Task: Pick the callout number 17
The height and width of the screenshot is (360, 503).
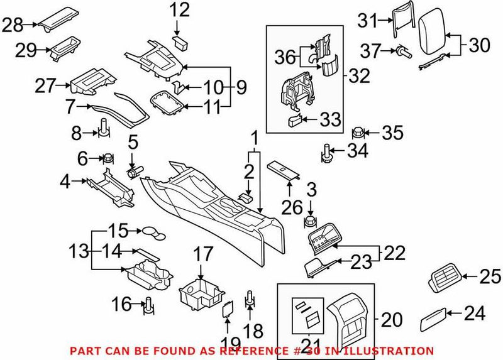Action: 203,254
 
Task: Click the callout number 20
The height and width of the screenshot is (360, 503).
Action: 392,320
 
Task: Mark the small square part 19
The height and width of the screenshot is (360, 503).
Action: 228,308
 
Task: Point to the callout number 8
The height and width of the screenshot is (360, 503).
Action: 76,133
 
